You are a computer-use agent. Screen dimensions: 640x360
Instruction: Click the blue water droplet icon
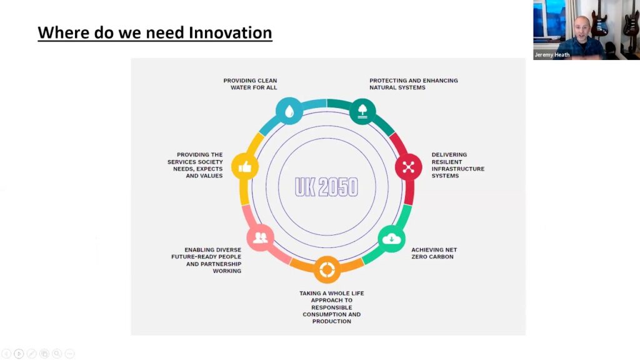pyautogui.click(x=289, y=111)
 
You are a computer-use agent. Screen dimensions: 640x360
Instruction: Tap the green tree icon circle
pyautogui.click(x=362, y=111)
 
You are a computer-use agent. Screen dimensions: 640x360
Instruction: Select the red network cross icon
pyautogui.click(x=409, y=167)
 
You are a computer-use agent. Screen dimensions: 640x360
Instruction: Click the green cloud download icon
pyautogui.click(x=391, y=239)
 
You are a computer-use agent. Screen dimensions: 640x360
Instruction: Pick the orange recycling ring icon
pyautogui.click(x=327, y=270)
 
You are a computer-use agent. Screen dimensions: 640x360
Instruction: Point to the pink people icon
pyautogui.click(x=261, y=237)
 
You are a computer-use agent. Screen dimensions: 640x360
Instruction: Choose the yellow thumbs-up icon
pyautogui.click(x=245, y=166)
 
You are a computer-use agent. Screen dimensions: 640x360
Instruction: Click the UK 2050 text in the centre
pyautogui.click(x=326, y=187)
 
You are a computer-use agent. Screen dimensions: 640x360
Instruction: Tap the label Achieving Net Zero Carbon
pyautogui.click(x=434, y=253)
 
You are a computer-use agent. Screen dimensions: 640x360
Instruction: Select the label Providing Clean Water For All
pyautogui.click(x=250, y=84)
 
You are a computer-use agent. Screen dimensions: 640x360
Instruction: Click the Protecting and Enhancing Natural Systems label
pyautogui.click(x=414, y=84)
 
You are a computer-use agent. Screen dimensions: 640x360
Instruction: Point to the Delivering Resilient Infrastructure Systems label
pyautogui.click(x=458, y=165)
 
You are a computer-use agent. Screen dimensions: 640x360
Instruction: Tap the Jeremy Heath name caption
pyautogui.click(x=552, y=55)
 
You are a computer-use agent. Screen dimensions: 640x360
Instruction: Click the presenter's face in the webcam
pyautogui.click(x=581, y=29)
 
